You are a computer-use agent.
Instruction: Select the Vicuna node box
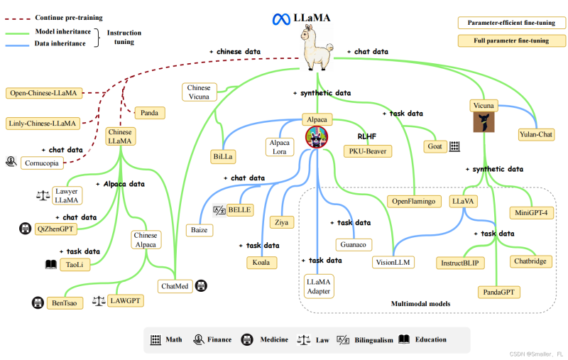[x=484, y=106]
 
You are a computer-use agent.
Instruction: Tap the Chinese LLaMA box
[x=120, y=136]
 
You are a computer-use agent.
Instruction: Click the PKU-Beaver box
[x=367, y=151]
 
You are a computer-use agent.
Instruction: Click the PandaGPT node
[x=498, y=292]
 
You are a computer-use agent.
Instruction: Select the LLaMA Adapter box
[x=319, y=285]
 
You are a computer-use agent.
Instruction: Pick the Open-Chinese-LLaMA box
[x=44, y=93]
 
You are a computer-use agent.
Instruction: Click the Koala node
[x=262, y=262]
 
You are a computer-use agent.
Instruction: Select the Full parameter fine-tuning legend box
[x=512, y=40]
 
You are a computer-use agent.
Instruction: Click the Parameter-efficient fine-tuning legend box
[x=512, y=23]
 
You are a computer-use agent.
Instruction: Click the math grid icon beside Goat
[x=454, y=146]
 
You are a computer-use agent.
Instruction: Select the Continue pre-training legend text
[x=68, y=17]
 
